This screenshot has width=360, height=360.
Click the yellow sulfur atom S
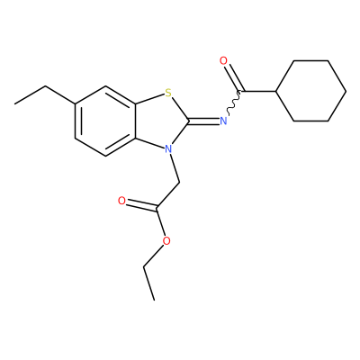click(168, 93)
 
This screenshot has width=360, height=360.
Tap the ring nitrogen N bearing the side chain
click(168, 148)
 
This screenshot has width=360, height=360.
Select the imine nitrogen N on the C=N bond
click(223, 121)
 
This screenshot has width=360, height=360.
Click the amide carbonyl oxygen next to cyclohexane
click(223, 61)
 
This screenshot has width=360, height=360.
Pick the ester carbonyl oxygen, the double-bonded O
click(121, 201)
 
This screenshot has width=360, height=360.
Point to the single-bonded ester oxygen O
click(166, 240)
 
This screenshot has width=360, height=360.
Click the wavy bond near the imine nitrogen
click(234, 103)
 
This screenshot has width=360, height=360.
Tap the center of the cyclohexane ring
click(310, 91)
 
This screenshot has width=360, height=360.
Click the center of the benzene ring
click(105, 121)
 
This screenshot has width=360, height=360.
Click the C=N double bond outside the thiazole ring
click(204, 121)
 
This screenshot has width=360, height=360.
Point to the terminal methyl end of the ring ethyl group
click(14, 104)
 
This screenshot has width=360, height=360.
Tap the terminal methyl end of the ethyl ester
click(154, 300)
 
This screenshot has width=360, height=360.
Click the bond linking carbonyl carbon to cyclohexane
click(258, 91)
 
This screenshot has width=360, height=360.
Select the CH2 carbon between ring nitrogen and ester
click(179, 183)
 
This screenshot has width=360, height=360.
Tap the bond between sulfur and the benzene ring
click(149, 99)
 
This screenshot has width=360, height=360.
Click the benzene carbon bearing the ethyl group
click(75, 103)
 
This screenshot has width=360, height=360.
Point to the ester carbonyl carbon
click(157, 208)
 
